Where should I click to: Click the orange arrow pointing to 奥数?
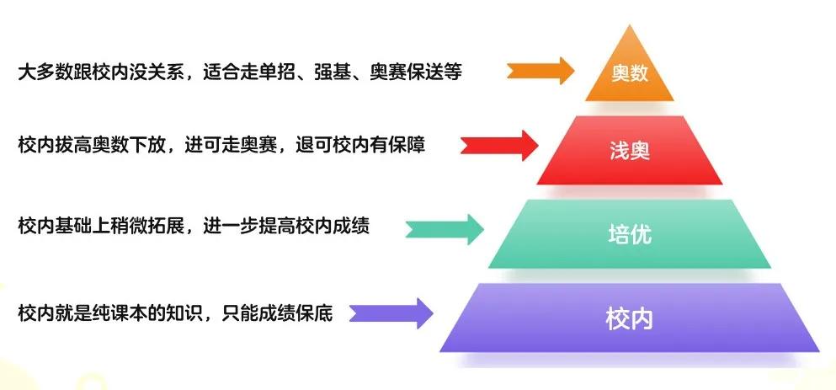pos(540,71)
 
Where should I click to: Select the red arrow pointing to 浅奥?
pos(499,145)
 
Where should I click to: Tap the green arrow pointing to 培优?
pos(445,229)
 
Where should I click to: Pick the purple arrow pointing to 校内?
pos(391,313)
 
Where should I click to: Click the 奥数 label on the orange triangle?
pos(630,73)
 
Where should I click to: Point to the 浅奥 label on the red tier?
pos(630,152)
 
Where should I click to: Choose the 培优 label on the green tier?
pos(630,234)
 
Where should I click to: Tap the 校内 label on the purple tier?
pos(629,319)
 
